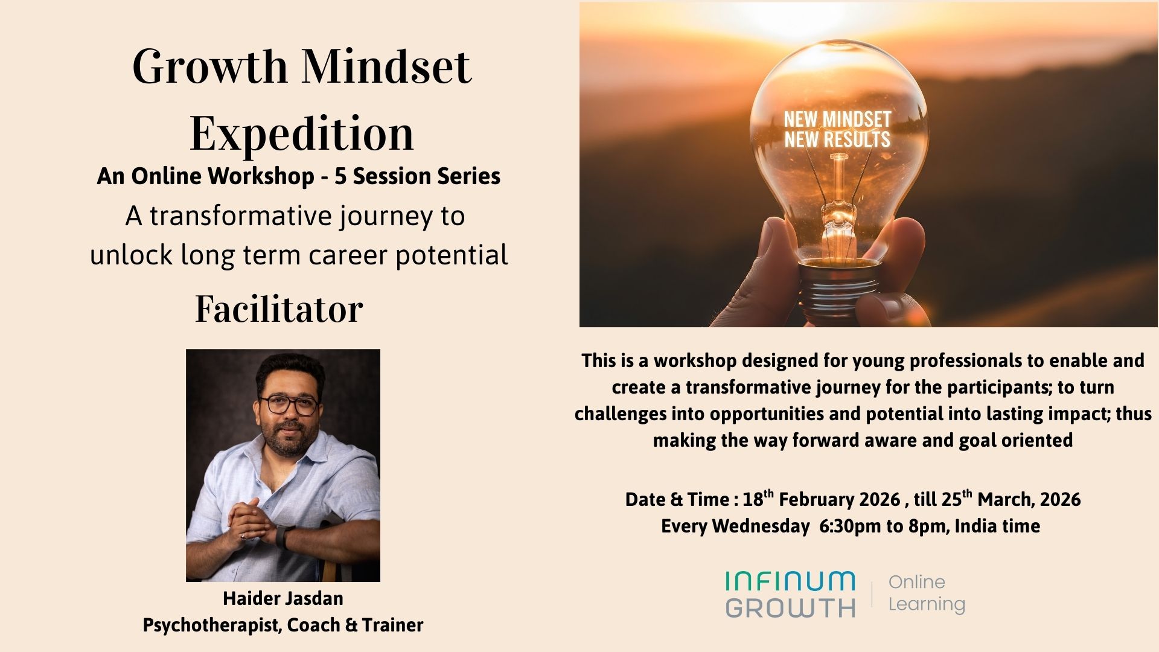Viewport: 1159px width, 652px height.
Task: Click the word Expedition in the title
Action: click(x=302, y=133)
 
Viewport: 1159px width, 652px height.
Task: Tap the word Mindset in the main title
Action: click(x=386, y=66)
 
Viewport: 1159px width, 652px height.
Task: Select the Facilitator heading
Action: click(x=279, y=309)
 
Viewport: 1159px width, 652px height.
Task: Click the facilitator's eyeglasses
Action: click(x=289, y=405)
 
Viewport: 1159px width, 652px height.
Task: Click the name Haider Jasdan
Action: click(x=283, y=598)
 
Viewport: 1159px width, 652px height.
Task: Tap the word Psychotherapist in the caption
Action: click(x=211, y=625)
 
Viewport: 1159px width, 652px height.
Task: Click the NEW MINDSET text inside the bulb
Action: click(x=837, y=119)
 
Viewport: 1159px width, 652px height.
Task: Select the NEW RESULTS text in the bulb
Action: click(x=837, y=140)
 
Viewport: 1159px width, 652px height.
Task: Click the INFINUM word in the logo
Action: click(x=790, y=581)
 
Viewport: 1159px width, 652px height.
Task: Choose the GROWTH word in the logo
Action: click(x=790, y=607)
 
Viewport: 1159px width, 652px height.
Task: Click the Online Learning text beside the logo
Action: click(x=926, y=593)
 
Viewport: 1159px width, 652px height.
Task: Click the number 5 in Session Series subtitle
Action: click(x=340, y=176)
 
